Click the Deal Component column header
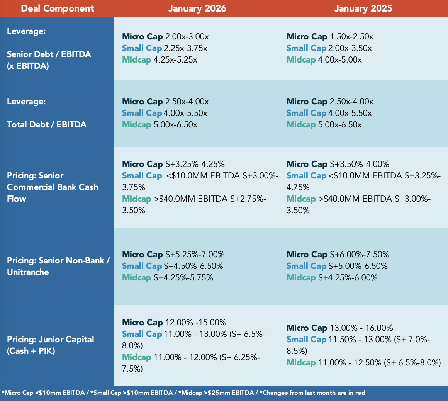58,8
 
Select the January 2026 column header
197,8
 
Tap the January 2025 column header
363,8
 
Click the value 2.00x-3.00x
187,37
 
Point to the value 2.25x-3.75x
185,48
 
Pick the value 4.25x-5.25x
175,60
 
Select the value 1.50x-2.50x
352,37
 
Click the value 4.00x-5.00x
340,60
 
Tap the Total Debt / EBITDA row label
47,125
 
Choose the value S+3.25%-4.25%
195,164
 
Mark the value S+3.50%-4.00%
360,164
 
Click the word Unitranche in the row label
28,272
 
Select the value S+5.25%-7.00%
195,254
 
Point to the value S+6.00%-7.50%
360,254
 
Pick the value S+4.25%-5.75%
183,277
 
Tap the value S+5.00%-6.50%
358,266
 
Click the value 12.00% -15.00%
196,323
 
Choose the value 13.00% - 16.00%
361,328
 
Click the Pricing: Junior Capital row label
50,339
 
